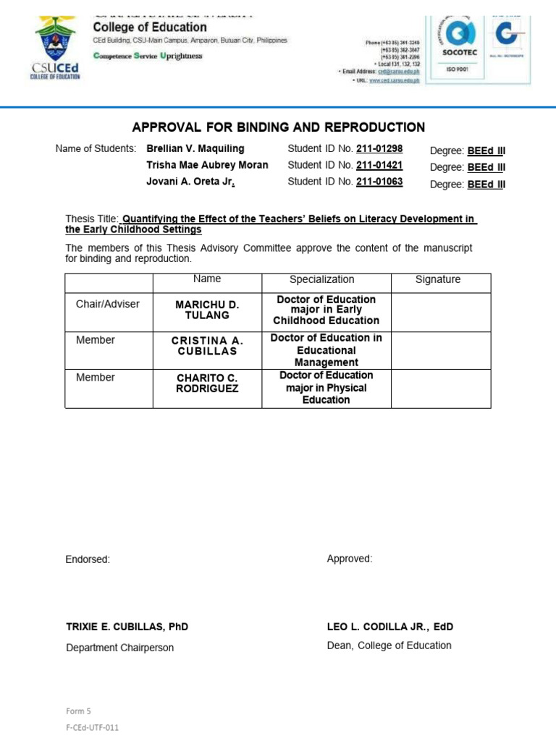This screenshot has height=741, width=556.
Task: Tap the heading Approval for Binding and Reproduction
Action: (x=278, y=127)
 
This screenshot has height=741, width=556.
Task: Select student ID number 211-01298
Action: (x=379, y=149)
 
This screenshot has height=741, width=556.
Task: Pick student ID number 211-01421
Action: (x=379, y=165)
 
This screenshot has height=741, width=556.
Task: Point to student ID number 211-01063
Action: (x=379, y=182)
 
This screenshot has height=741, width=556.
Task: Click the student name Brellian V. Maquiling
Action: (x=195, y=149)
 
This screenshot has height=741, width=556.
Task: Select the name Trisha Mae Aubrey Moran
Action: (x=207, y=165)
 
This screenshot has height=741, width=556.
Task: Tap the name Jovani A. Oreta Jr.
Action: (x=190, y=182)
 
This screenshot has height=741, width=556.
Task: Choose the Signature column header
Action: (x=438, y=279)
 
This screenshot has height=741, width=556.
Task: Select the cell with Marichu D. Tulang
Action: (x=207, y=310)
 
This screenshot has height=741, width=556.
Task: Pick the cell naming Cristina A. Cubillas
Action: (x=207, y=346)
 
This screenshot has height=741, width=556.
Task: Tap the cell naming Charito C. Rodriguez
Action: (x=207, y=383)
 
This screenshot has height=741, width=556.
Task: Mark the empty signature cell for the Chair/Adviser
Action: (x=441, y=312)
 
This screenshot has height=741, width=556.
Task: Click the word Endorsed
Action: (x=88, y=559)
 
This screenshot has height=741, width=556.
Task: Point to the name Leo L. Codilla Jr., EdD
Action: (x=389, y=627)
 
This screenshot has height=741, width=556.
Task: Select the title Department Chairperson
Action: (x=119, y=648)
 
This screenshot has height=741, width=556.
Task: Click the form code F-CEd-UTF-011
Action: (x=92, y=728)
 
